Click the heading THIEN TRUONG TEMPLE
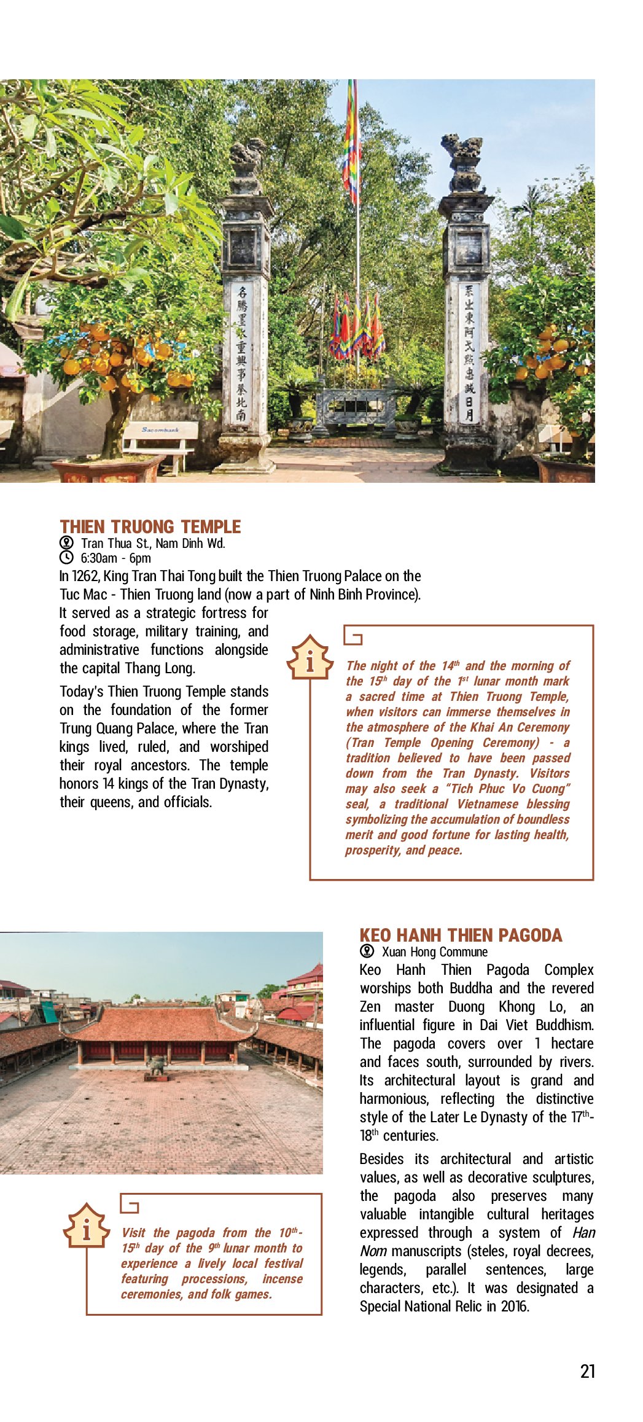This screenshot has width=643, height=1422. pos(150,527)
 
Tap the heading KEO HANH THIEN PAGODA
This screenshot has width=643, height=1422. pos(461,936)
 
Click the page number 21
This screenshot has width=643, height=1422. pos(587,1372)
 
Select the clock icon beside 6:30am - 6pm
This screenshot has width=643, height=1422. pos(66,558)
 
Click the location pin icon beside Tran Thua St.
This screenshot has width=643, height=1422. pos(66,543)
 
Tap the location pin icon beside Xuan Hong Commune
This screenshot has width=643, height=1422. pos(367,951)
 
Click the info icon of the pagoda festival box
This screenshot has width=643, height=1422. pos(87,1227)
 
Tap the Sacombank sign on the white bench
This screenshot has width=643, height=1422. pos(160,430)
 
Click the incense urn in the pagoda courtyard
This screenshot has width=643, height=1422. pos(157,1065)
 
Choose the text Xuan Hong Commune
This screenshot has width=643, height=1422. pos(434,952)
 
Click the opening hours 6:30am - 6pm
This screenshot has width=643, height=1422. pos(115,558)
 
